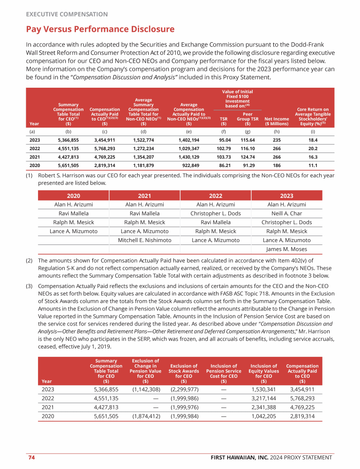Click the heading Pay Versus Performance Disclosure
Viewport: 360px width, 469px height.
(100, 30)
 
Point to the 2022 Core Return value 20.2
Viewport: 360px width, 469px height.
(312, 149)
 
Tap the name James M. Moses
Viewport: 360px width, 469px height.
(286, 249)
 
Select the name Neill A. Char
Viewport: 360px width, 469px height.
(286, 213)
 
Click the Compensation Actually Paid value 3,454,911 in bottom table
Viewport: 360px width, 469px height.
(302, 389)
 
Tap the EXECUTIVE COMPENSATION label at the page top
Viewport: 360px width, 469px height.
(67, 15)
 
